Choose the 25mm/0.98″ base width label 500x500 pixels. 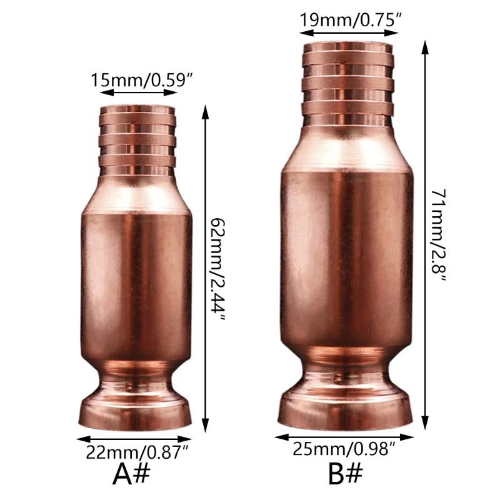(x=344, y=448)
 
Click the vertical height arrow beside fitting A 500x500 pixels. (x=205, y=269)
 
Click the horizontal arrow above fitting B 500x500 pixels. (x=347, y=31)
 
